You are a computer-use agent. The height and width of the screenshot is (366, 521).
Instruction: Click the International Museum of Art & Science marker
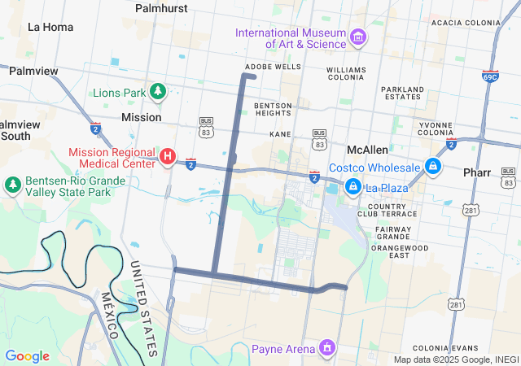[357, 37]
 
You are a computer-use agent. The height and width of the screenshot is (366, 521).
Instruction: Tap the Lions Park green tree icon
[159, 93]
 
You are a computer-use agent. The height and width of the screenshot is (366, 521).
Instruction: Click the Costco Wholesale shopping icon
[432, 168]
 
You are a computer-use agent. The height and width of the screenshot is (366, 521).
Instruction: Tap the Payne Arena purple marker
[326, 349]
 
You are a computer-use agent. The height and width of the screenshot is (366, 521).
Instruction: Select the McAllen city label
[367, 150]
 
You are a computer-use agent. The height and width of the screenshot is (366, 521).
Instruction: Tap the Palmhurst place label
[161, 8]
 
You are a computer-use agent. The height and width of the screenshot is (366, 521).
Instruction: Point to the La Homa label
[50, 27]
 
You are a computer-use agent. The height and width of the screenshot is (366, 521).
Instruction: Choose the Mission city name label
[141, 117]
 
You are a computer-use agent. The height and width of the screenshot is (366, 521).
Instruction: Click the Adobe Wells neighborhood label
[273, 67]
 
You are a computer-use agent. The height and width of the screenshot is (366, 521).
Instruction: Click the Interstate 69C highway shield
[489, 76]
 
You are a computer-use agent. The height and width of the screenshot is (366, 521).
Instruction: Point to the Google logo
[27, 356]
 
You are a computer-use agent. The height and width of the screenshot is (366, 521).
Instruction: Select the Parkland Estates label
[403, 93]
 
